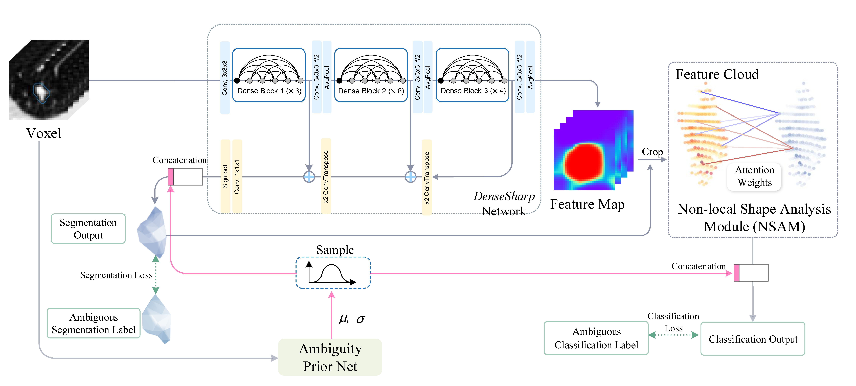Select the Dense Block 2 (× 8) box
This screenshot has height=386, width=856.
point(371,75)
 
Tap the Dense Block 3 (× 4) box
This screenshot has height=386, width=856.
point(472,75)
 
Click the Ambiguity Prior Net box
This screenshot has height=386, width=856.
point(330,357)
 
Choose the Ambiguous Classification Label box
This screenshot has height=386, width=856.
point(596,338)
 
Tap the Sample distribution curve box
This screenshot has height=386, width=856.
point(333,272)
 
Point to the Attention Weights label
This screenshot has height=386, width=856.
point(754,176)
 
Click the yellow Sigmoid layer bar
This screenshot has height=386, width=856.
point(225,176)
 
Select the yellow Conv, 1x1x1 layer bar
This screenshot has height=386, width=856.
point(237,176)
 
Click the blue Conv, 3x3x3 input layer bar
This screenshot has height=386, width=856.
point(225,77)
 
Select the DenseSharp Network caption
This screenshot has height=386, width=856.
point(504,204)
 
